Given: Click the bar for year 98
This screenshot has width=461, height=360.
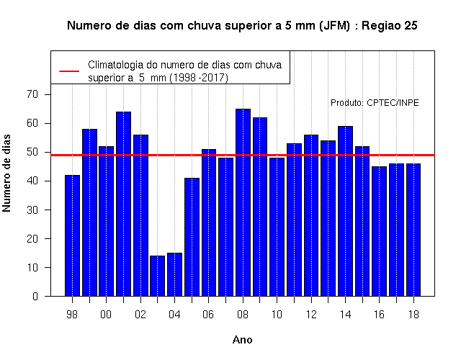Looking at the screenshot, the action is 72,235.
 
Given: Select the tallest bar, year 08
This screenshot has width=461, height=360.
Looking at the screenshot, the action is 243,202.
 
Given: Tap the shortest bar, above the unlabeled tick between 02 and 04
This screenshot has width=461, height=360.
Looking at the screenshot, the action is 157,276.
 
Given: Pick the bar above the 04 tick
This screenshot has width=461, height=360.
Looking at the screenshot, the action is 174,274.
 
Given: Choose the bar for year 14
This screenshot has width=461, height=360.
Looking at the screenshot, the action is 346,211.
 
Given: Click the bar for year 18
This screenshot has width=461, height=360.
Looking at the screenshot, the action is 413,230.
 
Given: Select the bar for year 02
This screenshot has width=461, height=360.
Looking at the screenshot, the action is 141,215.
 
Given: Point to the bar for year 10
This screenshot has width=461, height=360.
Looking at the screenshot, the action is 277,227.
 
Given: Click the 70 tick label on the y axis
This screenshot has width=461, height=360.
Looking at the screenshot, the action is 32,94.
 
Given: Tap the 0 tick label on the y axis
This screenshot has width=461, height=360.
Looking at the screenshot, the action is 35,296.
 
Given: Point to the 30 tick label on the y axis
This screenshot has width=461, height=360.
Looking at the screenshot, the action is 32,210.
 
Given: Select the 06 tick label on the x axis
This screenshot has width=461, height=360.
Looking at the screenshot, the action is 208,315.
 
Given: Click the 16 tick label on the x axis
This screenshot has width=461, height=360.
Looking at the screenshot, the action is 380,315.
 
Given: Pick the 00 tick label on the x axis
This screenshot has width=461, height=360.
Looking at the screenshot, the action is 106,315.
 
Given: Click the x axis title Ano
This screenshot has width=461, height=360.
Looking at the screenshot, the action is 242,340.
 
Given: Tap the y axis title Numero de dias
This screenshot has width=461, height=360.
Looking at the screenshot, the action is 6,173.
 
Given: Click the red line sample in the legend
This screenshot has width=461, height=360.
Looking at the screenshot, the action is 69,71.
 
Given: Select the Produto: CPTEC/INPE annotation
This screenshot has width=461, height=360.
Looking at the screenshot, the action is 375,103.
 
